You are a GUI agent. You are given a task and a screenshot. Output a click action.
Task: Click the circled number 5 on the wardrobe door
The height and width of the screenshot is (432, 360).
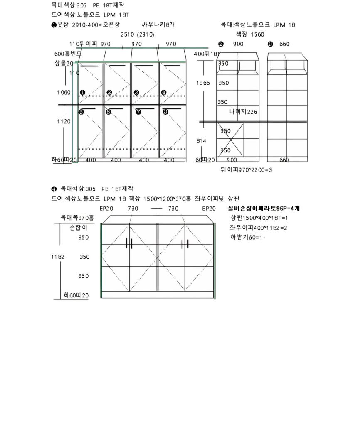81,112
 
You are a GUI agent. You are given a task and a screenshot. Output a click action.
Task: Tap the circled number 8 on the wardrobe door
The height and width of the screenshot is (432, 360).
165,112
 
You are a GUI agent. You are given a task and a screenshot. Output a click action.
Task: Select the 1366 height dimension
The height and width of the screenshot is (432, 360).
203,83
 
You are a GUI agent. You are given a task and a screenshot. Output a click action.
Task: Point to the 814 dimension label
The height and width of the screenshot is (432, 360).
201,141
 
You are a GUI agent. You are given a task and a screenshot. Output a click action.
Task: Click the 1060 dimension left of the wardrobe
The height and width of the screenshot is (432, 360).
64,92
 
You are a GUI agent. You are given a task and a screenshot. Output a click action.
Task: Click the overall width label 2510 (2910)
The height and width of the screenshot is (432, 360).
137,34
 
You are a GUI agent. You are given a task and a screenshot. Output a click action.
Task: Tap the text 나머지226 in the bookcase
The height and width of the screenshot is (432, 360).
244,112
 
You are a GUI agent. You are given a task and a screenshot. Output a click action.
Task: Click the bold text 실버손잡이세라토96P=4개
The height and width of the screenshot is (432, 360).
264,208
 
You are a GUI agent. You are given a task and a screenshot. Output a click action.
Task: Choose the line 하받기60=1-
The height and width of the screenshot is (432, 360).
248,237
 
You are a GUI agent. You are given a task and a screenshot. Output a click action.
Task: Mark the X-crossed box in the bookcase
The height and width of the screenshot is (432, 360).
230,140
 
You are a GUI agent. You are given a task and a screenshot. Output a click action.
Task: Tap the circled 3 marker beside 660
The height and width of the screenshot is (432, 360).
270,44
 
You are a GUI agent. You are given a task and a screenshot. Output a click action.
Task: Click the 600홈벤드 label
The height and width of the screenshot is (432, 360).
68,54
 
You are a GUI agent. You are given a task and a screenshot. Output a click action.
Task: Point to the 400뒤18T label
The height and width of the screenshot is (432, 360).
207,54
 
